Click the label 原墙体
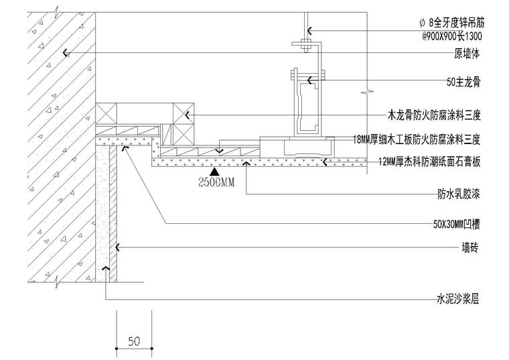coord(467,54)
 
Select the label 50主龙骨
coord(463,82)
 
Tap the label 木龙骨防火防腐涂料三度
coord(434,115)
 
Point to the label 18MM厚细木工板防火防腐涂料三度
coord(417,139)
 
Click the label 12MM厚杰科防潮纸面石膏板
coord(429,162)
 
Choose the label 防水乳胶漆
coord(458,194)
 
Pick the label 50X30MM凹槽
coord(456,224)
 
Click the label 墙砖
coord(470,248)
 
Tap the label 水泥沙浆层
coord(457,298)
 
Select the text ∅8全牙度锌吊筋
coord(451,23)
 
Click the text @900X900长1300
coord(452,36)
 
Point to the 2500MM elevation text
coord(216,182)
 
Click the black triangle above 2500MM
coord(214,172)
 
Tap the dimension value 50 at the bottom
coord(134,341)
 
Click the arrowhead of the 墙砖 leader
coord(117,247)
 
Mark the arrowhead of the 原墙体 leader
coord(65,53)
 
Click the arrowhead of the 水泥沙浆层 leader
coord(106,267)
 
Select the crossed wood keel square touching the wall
coord(106,114)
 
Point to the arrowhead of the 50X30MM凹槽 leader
coord(125,148)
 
